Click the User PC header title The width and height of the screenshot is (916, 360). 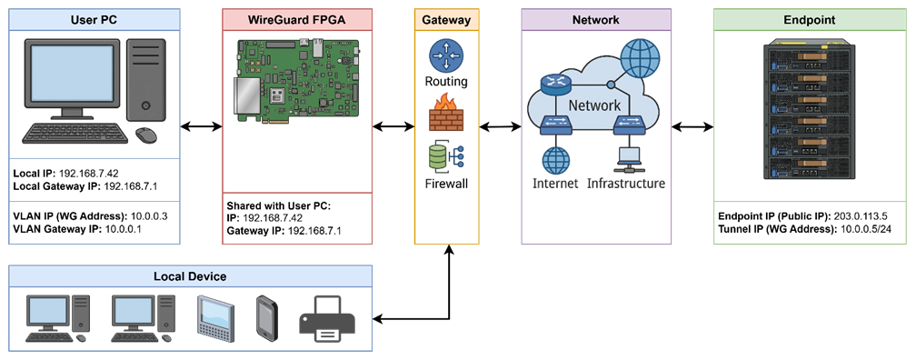(95, 20)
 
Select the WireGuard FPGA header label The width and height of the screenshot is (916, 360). (297, 20)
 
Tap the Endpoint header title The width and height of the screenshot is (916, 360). (809, 20)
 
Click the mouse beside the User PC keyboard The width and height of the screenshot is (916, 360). (146, 135)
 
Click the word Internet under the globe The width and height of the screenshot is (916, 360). (555, 184)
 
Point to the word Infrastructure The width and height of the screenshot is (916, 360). (625, 184)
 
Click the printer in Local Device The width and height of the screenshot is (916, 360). (327, 319)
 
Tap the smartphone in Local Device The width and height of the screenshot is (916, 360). (266, 317)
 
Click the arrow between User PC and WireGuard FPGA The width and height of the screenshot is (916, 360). (201, 125)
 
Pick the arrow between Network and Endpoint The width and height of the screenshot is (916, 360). (692, 125)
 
